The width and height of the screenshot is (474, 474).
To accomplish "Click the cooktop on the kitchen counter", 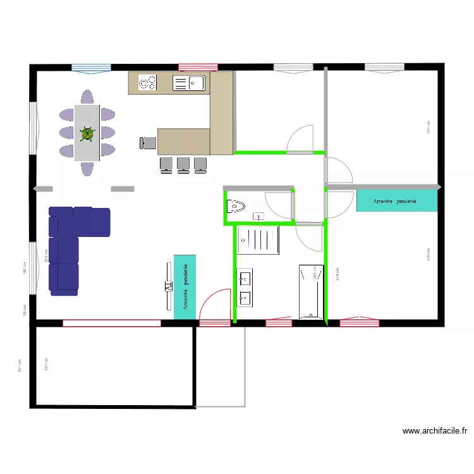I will (147, 83).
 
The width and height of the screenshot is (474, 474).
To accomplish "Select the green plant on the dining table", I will (87, 133).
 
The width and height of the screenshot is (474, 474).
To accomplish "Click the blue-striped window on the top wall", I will (91, 68).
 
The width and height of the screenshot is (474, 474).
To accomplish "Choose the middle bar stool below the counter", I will (183, 164).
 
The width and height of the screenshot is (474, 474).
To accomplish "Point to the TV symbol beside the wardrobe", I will (167, 286).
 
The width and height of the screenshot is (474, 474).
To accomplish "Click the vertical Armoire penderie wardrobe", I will (185, 286).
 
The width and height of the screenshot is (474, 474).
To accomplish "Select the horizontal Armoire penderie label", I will (396, 201).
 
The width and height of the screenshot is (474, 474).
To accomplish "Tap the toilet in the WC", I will (236, 205).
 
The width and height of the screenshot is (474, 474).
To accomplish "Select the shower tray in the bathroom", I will (258, 241).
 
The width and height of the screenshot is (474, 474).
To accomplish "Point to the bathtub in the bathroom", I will (310, 291).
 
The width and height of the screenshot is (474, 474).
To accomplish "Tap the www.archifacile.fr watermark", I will (435, 432).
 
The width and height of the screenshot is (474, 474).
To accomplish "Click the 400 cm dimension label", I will (428, 253).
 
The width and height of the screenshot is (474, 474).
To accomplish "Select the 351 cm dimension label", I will (428, 127).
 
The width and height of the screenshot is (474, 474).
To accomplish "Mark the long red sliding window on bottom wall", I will (111, 323).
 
